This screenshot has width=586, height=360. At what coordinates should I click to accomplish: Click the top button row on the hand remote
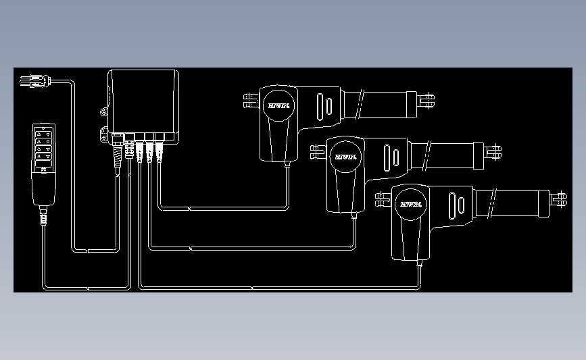(44, 134)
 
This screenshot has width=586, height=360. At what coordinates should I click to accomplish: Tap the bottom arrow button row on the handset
(44, 161)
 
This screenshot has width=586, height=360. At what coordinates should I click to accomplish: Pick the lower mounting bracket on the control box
(105, 135)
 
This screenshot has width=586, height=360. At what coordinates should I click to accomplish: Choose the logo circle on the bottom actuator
(410, 203)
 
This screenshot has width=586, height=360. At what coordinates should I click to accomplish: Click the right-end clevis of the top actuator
(427, 102)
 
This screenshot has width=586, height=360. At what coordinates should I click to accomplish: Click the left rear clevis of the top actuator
(249, 101)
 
